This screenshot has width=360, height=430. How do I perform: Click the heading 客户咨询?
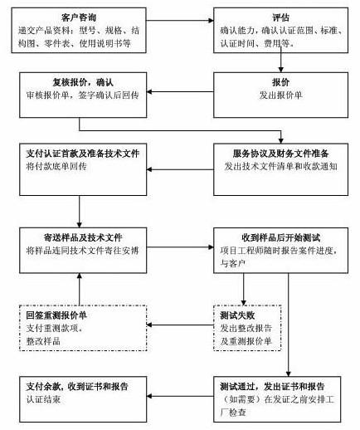tap(80, 17)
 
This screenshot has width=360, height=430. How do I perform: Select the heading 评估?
tap(282, 17)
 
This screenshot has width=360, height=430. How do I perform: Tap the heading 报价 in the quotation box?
tap(282, 81)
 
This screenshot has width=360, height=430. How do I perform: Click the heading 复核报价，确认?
tap(80, 81)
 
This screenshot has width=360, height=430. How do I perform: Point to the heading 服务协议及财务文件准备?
tap(283, 153)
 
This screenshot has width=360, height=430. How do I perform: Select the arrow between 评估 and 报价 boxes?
tap(282, 61)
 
